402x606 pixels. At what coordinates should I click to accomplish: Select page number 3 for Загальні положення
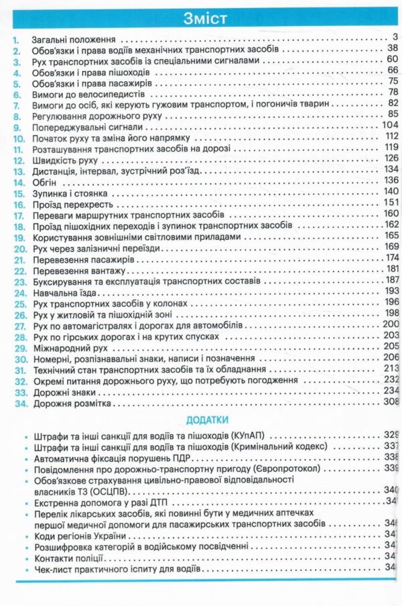pos(395,36)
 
